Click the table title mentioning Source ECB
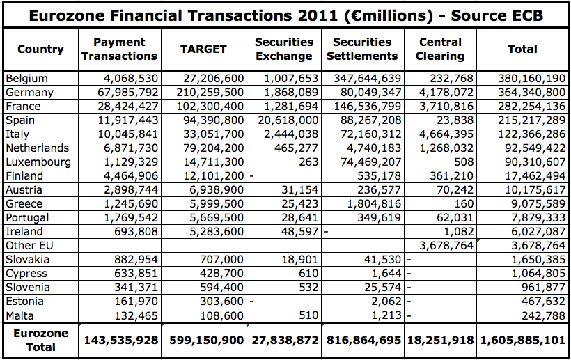(285, 13)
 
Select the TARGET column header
(203, 49)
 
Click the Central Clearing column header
(440, 49)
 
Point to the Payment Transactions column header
(119, 49)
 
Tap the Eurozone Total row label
(40, 340)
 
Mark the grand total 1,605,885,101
(522, 340)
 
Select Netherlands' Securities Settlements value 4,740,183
(372, 148)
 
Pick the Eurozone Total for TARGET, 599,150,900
(203, 340)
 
